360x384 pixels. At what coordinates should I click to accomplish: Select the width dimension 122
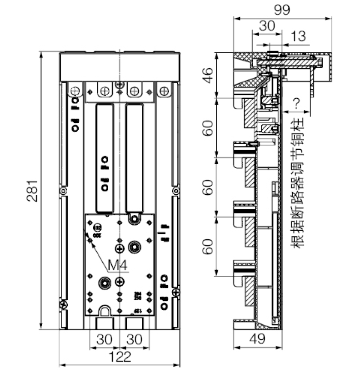click(120, 357)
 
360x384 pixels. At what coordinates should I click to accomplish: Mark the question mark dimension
click(296, 103)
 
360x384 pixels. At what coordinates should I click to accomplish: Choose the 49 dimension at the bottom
click(257, 339)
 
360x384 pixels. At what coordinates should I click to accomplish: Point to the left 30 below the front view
click(105, 339)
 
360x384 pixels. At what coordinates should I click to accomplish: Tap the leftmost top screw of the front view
click(76, 91)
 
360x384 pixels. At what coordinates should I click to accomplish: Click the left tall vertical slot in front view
click(105, 157)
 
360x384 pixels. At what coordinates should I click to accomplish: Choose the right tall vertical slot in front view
click(134, 157)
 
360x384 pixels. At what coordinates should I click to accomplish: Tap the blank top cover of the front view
click(120, 66)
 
